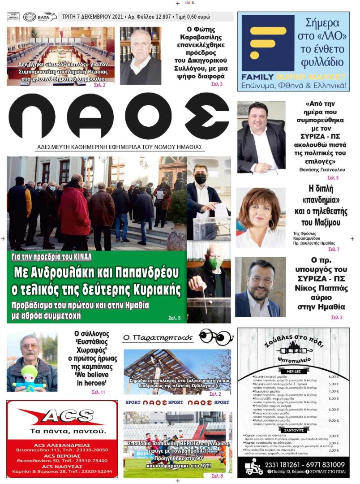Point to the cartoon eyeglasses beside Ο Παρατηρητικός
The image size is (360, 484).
[216, 336]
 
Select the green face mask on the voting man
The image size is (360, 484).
[215, 264]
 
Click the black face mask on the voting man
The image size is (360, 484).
[201, 179]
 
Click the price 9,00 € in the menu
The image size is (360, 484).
[334, 420]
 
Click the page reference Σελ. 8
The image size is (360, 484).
[217, 475]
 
